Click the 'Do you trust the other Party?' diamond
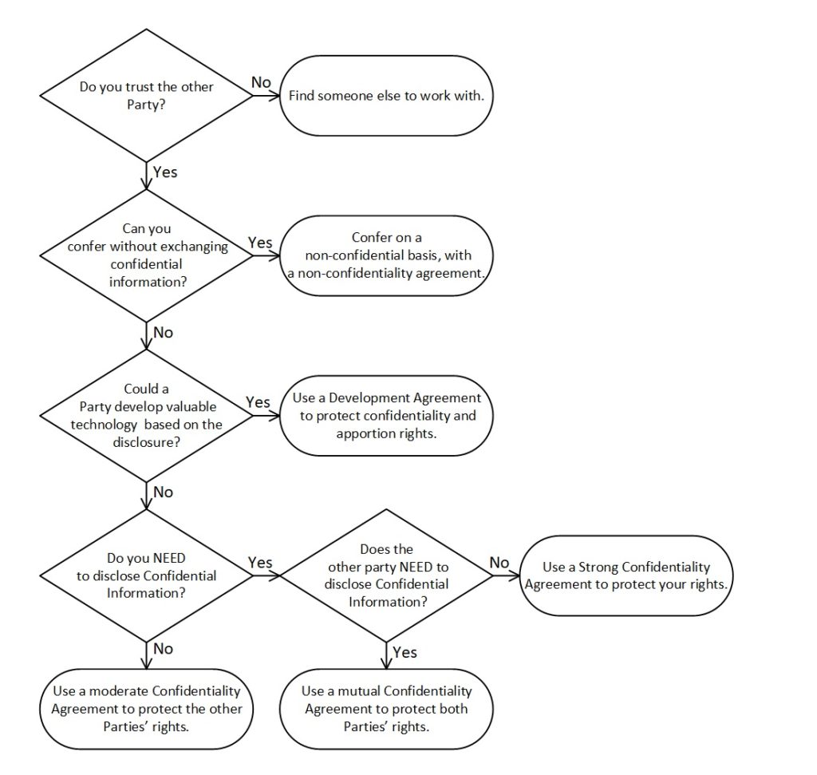147,95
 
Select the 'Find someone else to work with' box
386,96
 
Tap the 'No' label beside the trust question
261,82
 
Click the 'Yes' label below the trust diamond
165,172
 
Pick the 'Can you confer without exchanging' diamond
147,255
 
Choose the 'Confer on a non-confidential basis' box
386,256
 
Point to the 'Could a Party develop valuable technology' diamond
147,415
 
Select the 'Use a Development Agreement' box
386,416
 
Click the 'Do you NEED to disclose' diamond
147,575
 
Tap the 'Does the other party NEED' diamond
386,575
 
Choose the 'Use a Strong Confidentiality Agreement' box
626,576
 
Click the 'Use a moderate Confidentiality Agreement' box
147,710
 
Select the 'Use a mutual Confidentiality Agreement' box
386,710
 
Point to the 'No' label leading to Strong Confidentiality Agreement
499,563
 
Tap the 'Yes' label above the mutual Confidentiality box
405,652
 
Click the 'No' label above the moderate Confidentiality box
163,648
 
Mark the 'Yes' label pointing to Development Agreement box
258,401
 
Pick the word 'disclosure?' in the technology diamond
147,442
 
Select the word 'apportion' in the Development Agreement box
361,433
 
